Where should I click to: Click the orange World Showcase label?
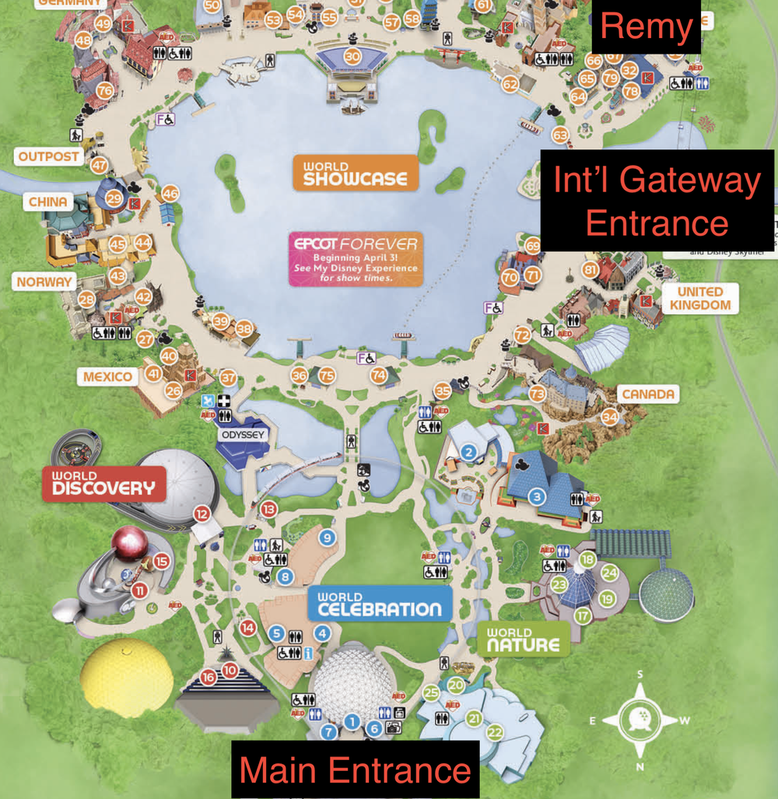click(355, 172)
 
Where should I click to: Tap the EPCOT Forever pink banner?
click(356, 258)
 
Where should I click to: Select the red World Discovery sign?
click(103, 483)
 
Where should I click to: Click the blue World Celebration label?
click(380, 603)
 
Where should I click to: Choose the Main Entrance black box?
click(356, 769)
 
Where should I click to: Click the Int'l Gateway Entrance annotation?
click(657, 201)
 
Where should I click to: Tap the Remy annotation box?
click(647, 28)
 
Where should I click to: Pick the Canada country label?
click(647, 394)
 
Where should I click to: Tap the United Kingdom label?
click(699, 298)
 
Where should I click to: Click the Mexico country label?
click(108, 377)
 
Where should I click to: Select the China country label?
click(48, 202)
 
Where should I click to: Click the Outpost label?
click(49, 156)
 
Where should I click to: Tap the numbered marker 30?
click(352, 56)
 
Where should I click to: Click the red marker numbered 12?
click(202, 513)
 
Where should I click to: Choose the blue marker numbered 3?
click(536, 496)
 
